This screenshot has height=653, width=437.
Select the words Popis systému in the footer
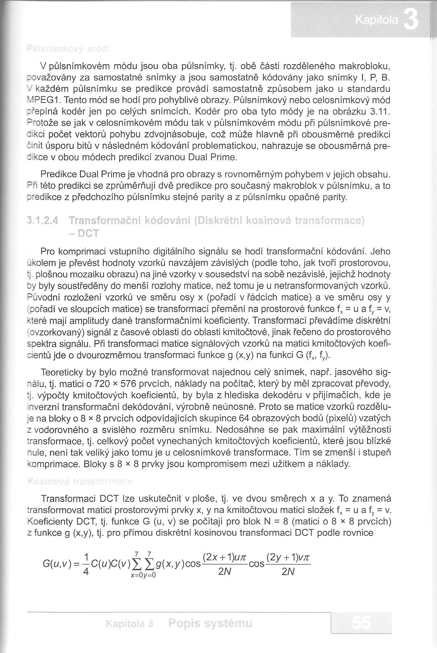(210, 623)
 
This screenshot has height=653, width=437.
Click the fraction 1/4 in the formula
(86, 564)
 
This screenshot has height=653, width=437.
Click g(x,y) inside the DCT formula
(169, 564)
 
